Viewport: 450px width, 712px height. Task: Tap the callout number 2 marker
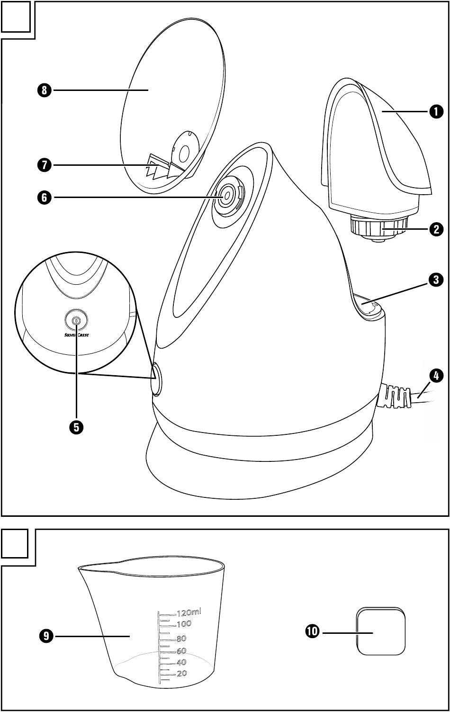click(436, 230)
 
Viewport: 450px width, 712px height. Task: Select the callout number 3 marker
click(436, 280)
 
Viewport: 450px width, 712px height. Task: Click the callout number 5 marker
click(76, 427)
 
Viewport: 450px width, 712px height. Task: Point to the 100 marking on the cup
click(184, 623)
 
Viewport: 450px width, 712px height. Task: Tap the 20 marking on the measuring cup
click(181, 674)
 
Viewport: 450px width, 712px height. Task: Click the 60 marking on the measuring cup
click(181, 651)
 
